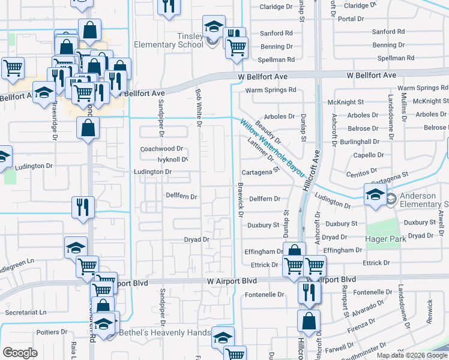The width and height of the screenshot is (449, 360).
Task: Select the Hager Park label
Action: [385, 239]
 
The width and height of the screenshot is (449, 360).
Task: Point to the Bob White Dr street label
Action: [199, 109]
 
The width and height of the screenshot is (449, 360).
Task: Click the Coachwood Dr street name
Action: [161, 149]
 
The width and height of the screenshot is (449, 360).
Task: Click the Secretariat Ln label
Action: [25, 313]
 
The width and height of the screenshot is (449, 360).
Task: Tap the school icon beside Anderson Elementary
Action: [375, 195]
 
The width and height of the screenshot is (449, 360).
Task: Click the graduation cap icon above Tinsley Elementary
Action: [212, 27]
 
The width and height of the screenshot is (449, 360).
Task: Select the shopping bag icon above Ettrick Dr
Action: [294, 251]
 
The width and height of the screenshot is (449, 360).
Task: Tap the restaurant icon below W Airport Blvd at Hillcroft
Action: [309, 292]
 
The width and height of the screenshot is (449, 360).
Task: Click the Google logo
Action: [20, 353]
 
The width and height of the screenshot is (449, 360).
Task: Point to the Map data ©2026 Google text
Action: [411, 355]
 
